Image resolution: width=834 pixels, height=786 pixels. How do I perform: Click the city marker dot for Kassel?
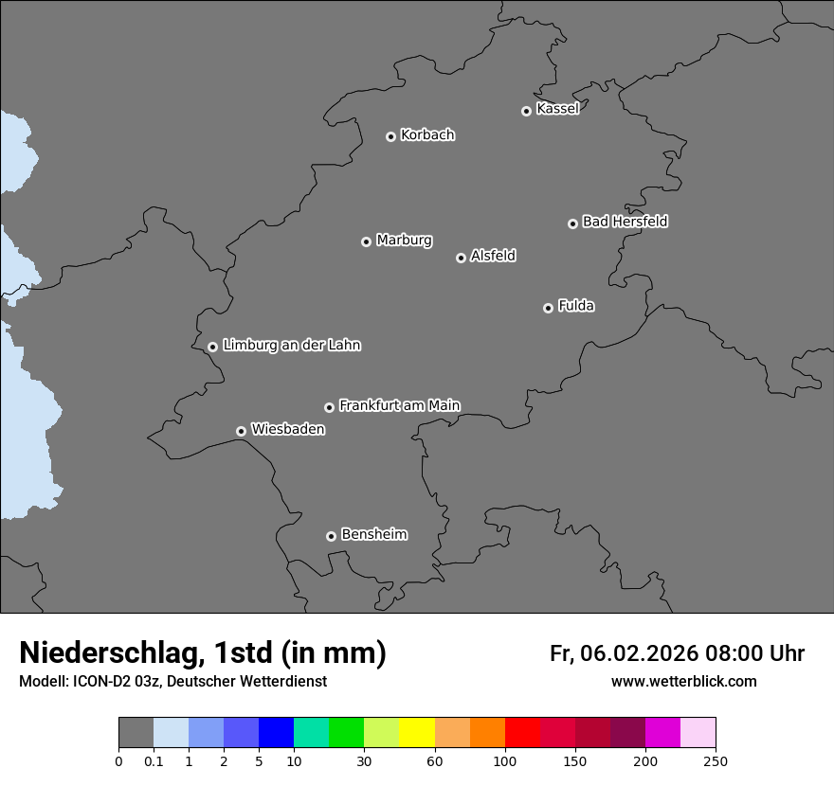[526, 111]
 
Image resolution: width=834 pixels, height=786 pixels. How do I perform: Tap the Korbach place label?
[427, 135]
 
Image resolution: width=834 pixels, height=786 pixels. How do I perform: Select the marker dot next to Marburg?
[366, 241]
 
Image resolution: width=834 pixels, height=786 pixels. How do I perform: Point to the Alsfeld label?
[493, 256]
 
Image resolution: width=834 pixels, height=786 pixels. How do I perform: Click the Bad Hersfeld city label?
[625, 222]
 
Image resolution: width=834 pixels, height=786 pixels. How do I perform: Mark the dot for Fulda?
[548, 308]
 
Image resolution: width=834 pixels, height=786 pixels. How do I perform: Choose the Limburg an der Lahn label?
[291, 346]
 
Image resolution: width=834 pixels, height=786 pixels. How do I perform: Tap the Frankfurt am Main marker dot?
[329, 407]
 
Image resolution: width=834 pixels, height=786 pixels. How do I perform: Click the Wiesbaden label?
[287, 430]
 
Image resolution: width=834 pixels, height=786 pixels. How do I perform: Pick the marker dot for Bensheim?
[331, 536]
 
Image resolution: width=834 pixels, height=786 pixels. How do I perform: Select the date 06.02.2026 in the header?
[640, 653]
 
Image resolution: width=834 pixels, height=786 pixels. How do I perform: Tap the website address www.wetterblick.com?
[683, 682]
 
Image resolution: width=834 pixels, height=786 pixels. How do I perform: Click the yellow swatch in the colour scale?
[417, 732]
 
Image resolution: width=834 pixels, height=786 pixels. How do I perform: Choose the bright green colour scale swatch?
[347, 732]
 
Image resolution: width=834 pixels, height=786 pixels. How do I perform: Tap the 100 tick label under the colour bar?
[505, 760]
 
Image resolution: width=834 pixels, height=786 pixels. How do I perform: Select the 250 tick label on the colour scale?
[716, 760]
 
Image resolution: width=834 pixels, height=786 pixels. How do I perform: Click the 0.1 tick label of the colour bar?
[154, 760]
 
